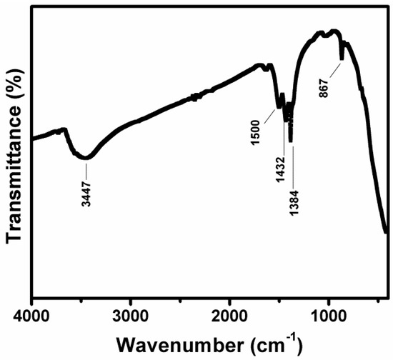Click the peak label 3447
(86, 192)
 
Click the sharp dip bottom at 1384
(291, 140)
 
